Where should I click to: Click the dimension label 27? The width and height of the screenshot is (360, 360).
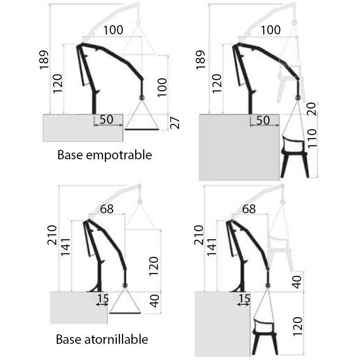coord(175,123)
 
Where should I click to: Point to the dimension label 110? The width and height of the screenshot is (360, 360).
coord(312,139)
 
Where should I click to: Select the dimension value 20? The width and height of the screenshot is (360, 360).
coord(312,109)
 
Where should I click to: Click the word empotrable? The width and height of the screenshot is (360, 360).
coord(119,155)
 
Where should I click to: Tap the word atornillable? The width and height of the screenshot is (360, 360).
coord(116,339)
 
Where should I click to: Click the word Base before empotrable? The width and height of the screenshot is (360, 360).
coord(70,155)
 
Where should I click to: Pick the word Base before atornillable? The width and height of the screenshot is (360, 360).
coord(69,339)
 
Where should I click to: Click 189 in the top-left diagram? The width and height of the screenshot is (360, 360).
coord(44,60)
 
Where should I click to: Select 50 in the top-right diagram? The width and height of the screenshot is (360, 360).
coord(263,120)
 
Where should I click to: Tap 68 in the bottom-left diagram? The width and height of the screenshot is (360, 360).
coord(107,209)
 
